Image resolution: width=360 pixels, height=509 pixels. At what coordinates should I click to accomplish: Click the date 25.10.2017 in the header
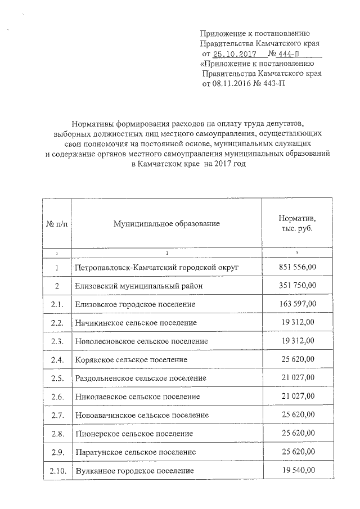[x=233, y=54]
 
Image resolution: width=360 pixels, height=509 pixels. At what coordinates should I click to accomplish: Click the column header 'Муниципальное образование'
[x=166, y=224]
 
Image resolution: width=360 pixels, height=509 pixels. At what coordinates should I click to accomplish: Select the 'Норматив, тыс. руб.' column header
[x=297, y=224]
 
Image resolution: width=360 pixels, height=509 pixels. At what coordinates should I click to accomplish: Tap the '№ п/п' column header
[x=56, y=224]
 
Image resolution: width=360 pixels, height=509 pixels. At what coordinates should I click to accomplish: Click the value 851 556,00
[x=297, y=267]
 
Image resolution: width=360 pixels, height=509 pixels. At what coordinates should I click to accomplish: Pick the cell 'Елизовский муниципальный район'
[x=135, y=286]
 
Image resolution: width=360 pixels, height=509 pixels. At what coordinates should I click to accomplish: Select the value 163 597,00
[x=297, y=304]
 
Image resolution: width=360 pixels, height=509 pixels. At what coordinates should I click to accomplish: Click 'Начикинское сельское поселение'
[x=136, y=323]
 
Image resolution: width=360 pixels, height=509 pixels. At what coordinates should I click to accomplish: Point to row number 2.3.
[x=57, y=341]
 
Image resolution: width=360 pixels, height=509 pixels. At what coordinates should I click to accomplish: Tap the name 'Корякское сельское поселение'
[x=131, y=359]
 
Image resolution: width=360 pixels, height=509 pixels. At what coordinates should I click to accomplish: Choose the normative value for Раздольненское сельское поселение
[x=297, y=378]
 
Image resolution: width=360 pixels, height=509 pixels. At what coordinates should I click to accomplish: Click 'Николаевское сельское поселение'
[x=137, y=397]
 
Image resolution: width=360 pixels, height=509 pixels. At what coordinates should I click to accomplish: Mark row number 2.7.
[x=57, y=415]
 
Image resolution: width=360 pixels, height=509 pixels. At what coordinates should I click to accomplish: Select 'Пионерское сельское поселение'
[x=134, y=434]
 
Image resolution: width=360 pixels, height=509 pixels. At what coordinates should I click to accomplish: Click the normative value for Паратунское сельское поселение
[x=297, y=452]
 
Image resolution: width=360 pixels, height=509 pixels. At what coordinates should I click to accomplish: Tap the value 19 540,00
[x=297, y=470]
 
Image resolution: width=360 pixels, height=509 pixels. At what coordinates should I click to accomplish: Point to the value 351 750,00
[x=297, y=286]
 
